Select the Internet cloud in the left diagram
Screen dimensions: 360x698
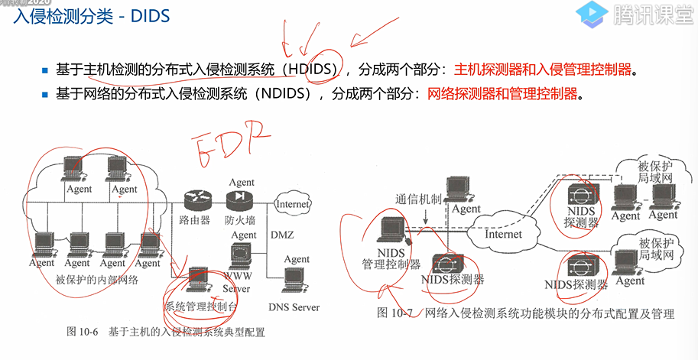click(x=292, y=204)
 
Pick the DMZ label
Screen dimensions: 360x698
click(x=282, y=235)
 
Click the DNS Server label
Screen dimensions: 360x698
click(x=294, y=306)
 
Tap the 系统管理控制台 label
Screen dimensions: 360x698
click(x=201, y=306)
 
